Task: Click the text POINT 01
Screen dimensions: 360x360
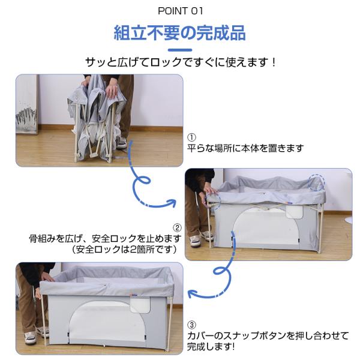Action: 180,11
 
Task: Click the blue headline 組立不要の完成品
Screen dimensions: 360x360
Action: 180,33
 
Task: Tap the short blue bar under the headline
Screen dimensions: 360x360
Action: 180,50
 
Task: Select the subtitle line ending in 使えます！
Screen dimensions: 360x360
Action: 181,62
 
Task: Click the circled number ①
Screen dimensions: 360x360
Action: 191,137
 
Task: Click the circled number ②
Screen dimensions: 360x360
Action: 177,228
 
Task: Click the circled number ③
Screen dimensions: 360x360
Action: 191,325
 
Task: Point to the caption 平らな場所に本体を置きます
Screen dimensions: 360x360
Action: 245,148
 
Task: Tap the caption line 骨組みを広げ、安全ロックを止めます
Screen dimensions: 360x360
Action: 106,239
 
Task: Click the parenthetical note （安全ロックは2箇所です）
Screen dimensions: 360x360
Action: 125,250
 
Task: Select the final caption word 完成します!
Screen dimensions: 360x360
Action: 211,346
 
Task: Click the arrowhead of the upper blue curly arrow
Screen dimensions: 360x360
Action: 172,203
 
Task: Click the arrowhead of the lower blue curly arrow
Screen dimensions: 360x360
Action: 192,294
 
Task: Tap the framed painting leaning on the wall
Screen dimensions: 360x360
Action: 26,104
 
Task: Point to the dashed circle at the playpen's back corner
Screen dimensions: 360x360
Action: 316,182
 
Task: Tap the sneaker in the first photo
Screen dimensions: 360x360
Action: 122,143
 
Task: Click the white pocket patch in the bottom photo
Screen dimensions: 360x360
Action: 140,304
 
